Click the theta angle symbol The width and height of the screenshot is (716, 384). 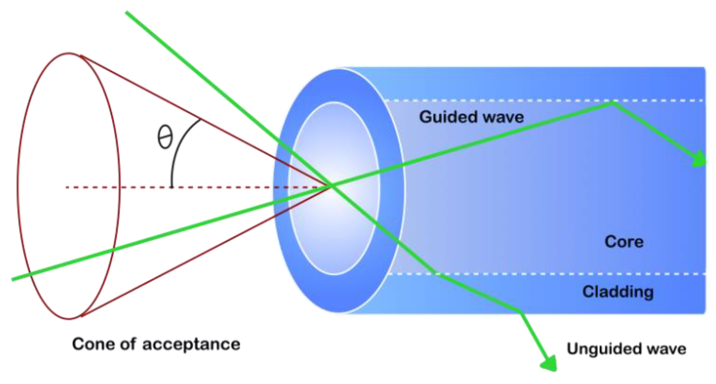(x=165, y=137)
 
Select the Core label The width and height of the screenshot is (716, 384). (x=624, y=242)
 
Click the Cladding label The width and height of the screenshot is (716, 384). (x=618, y=292)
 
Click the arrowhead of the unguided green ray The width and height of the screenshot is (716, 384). (x=550, y=364)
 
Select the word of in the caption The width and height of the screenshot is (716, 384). (x=127, y=344)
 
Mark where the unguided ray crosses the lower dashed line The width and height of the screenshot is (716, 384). (x=436, y=274)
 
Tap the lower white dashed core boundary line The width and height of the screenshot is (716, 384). (x=568, y=274)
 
